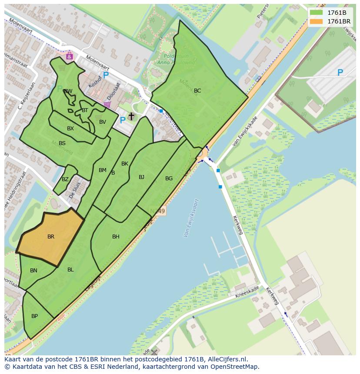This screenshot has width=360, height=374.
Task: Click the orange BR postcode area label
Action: tap(51, 237)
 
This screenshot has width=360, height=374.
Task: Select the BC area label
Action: tap(197, 91)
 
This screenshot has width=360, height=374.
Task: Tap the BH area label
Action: tap(116, 237)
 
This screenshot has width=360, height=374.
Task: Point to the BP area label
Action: tap(34, 316)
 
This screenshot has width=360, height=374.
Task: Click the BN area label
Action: tap(33, 271)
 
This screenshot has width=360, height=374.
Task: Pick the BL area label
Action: tap(70, 270)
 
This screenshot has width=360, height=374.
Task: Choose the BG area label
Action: tap(169, 179)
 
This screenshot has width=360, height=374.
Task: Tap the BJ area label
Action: tap(141, 177)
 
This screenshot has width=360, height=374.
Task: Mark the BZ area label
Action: tap(65, 179)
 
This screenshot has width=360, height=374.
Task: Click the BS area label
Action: tap(62, 143)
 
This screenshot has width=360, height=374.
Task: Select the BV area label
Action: tap(103, 122)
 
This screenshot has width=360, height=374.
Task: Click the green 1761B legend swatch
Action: tap(316, 13)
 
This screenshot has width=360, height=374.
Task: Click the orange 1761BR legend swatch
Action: tap(316, 21)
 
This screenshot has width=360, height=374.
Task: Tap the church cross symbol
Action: tap(131, 116)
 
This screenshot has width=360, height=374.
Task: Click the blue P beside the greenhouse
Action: tap(340, 73)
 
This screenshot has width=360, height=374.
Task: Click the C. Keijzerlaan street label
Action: tap(25, 97)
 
